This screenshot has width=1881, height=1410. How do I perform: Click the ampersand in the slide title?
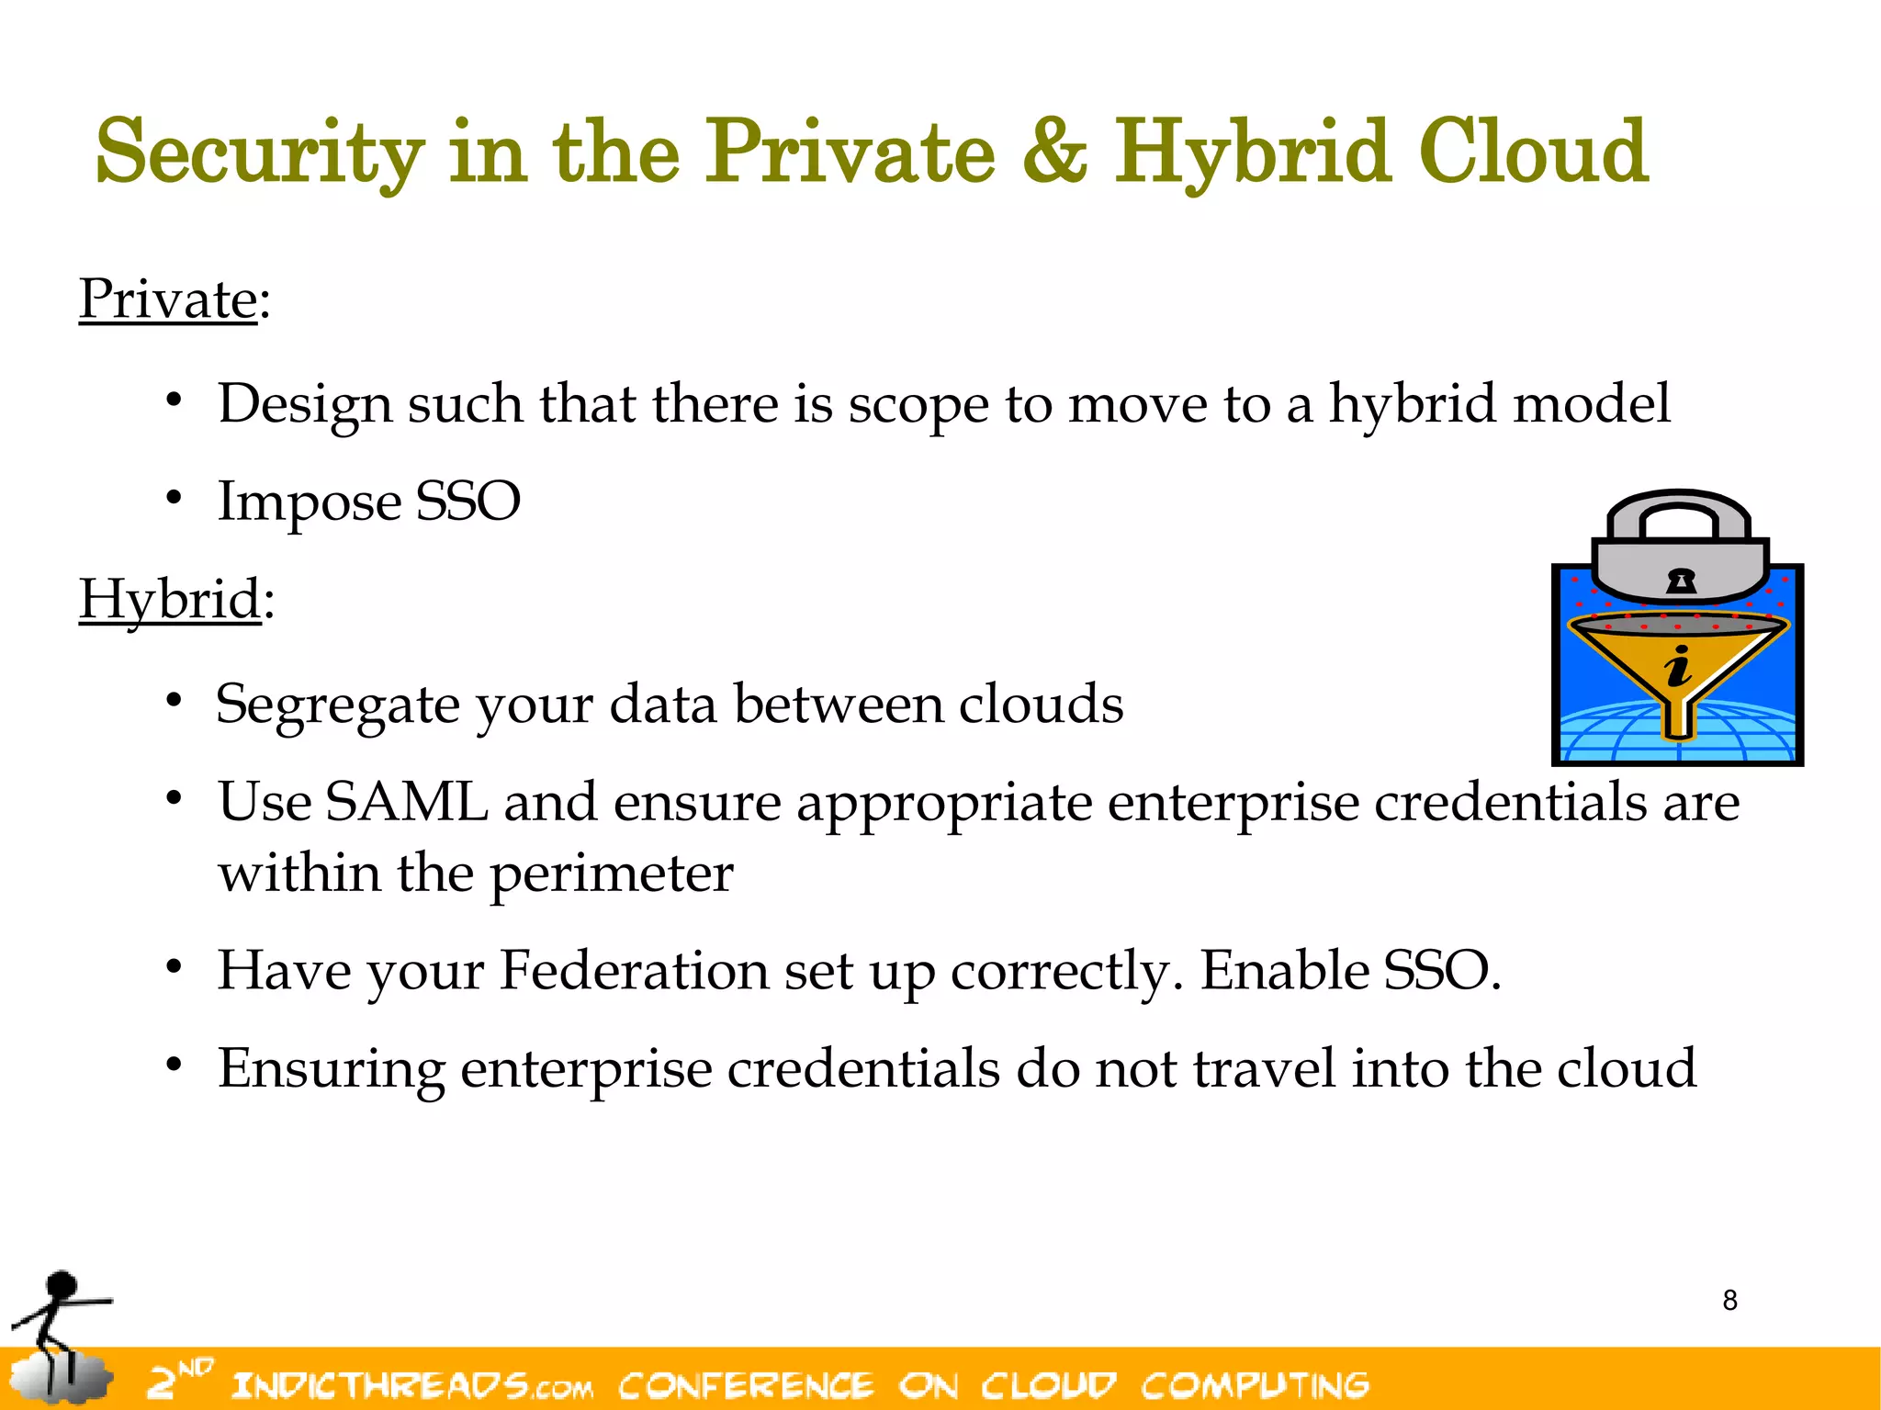coord(1053,152)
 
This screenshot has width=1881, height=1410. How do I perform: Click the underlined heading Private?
coord(167,299)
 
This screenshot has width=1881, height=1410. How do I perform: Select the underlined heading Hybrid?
coord(170,600)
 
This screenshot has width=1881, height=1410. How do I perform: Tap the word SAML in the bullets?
coord(406,802)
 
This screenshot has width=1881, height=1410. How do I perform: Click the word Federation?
coord(634,971)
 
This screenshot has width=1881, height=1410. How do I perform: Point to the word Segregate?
coord(336,705)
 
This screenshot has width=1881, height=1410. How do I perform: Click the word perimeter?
coord(612,873)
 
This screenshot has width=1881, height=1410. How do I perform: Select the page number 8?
coord(1729,1301)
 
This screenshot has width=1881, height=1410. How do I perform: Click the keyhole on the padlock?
coord(1681,581)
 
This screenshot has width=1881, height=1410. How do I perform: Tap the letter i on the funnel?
coord(1678,666)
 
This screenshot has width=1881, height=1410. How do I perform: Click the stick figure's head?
coord(62,1285)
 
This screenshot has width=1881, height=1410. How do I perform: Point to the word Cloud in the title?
coord(1532,152)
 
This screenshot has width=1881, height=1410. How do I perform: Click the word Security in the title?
coord(260,152)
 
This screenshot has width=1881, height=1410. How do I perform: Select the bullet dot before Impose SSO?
coord(174,498)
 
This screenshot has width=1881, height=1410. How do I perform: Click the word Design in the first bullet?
coord(304,404)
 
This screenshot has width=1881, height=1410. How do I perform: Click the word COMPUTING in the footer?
coord(1255,1384)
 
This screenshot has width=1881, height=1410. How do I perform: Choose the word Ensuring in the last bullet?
coord(331,1069)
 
